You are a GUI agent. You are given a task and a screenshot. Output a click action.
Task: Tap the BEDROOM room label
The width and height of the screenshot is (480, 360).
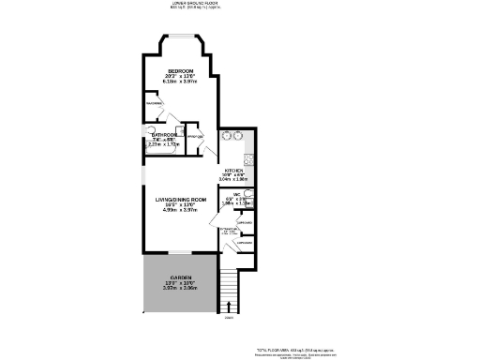tap(181, 72)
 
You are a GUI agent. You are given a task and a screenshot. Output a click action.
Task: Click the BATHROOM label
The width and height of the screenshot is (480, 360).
tap(163, 135)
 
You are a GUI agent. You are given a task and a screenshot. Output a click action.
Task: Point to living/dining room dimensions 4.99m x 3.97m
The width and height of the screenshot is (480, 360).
tap(180, 211)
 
